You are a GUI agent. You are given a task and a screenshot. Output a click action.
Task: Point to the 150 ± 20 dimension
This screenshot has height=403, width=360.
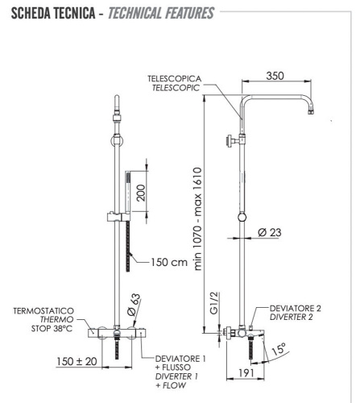(x=78, y=361)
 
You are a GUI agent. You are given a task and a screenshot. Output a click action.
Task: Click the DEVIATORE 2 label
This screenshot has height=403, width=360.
(x=296, y=308)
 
